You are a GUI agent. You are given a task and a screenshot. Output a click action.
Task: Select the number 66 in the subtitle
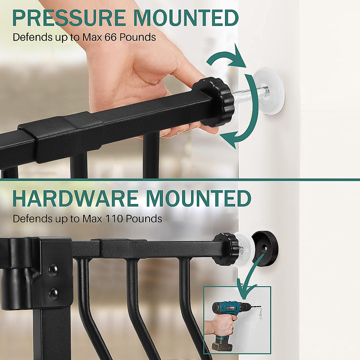[110, 37]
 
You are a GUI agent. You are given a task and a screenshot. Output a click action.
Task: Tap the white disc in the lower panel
[245, 249]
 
